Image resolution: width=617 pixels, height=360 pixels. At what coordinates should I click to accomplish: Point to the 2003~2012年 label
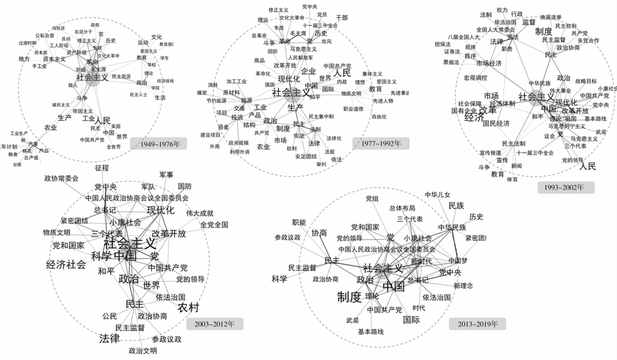click(x=215, y=324)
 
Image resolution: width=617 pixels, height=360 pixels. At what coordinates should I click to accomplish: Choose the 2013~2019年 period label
click(x=478, y=324)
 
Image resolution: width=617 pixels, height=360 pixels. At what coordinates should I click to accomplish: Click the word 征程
click(x=102, y=168)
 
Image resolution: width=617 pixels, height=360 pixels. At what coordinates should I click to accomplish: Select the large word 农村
click(x=188, y=307)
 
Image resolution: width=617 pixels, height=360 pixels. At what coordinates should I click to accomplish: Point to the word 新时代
click(x=420, y=261)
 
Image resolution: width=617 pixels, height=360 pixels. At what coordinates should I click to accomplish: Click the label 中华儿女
click(x=438, y=195)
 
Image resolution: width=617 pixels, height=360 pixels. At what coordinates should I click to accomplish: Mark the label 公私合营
click(x=45, y=35)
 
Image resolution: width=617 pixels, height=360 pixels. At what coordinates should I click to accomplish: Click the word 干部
click(x=342, y=18)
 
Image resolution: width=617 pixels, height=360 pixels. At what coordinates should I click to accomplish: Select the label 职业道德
click(x=353, y=109)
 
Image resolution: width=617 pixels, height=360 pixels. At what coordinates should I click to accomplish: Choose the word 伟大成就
click(x=199, y=213)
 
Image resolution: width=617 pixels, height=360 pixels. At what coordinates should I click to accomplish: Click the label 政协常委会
click(x=61, y=178)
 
